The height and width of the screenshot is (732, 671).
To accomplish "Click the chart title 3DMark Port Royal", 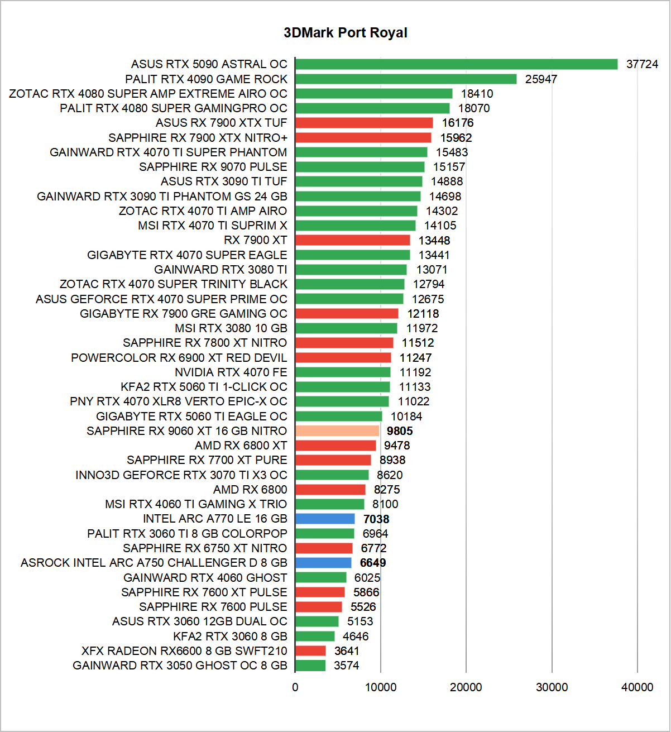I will click(346, 33).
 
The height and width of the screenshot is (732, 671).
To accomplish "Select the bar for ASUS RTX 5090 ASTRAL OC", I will click(456, 64).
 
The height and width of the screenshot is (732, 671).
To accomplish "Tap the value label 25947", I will click(541, 79).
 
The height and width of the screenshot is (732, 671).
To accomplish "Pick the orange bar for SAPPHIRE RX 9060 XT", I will click(337, 431).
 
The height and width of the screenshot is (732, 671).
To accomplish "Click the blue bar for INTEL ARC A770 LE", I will click(325, 519).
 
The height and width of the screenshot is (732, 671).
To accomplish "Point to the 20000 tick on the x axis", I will click(466, 687).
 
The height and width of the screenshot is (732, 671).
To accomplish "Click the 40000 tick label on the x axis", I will click(637, 687).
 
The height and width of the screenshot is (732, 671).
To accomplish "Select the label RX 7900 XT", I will click(255, 240).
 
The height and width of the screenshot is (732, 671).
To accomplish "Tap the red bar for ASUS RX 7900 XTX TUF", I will click(364, 123).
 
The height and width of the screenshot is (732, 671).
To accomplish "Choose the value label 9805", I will click(400, 431).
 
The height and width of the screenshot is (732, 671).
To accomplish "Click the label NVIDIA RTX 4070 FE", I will click(231, 372).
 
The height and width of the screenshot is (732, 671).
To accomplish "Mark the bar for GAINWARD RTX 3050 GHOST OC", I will click(310, 666).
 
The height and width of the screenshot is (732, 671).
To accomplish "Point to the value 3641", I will click(347, 651).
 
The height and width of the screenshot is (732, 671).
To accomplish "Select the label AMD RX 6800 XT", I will click(241, 446).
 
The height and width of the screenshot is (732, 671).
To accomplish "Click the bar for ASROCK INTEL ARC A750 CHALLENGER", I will click(323, 563).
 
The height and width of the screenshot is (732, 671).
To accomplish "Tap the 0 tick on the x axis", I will click(295, 687).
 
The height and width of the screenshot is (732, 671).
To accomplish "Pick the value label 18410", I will click(477, 94).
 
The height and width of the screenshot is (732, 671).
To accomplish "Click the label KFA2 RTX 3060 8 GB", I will click(230, 637).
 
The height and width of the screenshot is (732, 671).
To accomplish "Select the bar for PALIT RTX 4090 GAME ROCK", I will click(406, 79).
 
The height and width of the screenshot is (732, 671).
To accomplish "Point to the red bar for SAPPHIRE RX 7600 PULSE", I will click(319, 607).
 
